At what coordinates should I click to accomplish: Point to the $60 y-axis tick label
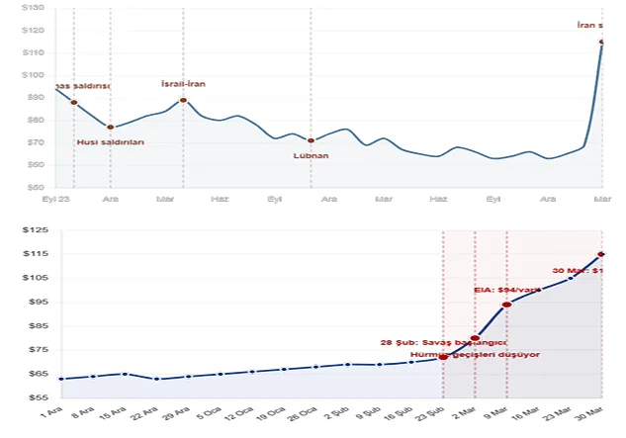pos(33,187)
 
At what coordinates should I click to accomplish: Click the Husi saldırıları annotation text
pos(110,142)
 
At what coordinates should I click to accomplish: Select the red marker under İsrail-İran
pos(184,100)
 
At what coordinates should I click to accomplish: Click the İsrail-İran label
pos(183,84)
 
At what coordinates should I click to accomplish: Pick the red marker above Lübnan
pos(311,140)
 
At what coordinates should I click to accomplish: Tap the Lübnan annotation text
pos(311,155)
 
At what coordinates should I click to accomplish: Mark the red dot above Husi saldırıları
pos(111,127)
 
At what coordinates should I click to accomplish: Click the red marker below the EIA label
pos(507,305)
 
